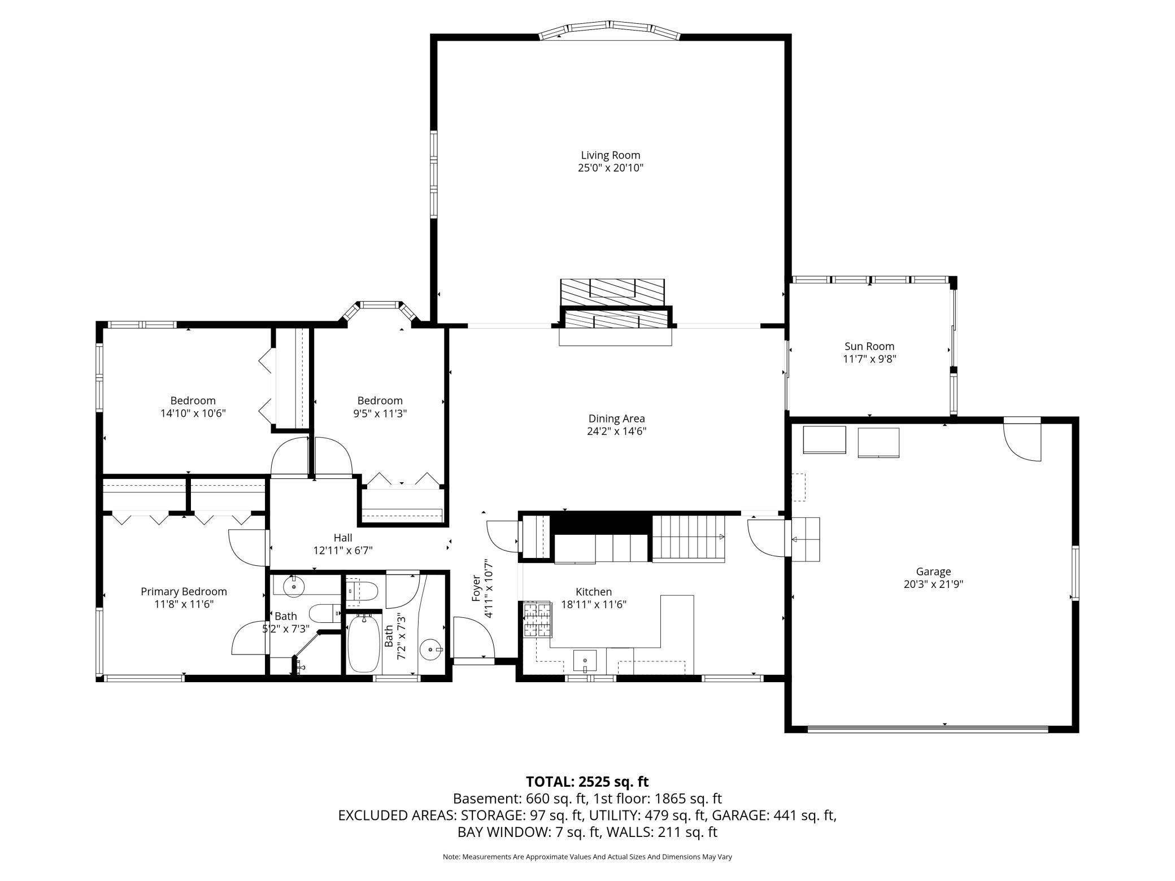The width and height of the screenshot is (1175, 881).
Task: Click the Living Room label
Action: [x=611, y=155]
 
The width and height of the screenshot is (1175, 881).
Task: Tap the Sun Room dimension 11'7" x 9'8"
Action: [x=869, y=359]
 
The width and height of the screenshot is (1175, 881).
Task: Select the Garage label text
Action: [x=933, y=572]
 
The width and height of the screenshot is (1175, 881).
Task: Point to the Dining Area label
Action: [x=616, y=419]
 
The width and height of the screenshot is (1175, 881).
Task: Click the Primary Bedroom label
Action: [x=184, y=592]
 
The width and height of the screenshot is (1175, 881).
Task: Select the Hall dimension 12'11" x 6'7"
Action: [x=343, y=551]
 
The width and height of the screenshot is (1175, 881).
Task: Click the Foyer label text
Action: [x=476, y=587]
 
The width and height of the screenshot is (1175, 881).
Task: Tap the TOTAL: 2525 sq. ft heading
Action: [x=587, y=782]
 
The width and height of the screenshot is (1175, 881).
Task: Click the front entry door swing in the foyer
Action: [x=474, y=638]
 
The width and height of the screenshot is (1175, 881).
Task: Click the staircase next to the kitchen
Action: [x=689, y=538]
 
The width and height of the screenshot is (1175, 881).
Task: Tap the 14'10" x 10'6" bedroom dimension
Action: [x=193, y=413]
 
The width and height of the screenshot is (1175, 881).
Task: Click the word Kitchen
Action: [x=594, y=592]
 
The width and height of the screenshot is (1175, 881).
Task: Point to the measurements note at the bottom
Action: [x=587, y=857]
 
